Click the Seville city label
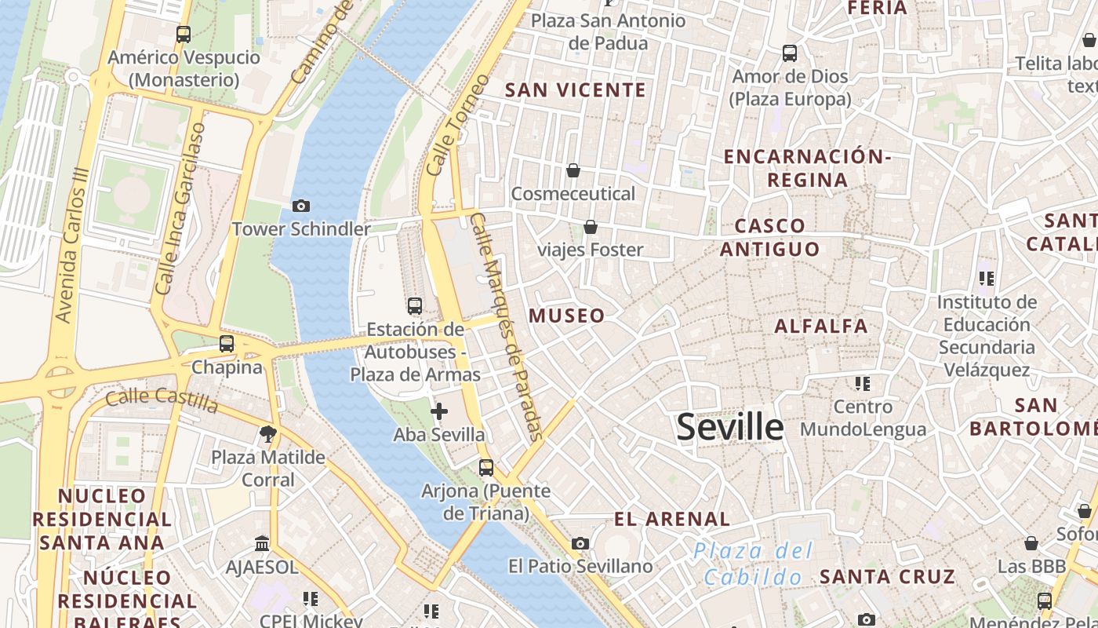pos(729,427)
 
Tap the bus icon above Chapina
pos(227,344)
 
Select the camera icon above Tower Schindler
pos(300,206)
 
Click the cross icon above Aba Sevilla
pos(439,411)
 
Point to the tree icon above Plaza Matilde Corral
pos(268,434)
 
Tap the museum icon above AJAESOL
pos(262,543)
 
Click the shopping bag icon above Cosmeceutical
pos(573,170)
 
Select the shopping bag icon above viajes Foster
pos(591,227)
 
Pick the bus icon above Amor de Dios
pos(790,53)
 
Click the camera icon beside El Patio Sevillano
pos(580,543)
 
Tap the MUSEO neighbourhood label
pos(567,316)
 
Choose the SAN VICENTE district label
pos(576,90)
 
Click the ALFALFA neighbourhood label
pos(821,326)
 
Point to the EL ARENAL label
pos(672,519)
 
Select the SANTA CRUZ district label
pos(887,577)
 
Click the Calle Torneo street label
pos(458,125)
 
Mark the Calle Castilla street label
pos(162,400)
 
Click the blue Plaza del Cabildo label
pos(753,564)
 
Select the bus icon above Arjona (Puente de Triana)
pos(486,468)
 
